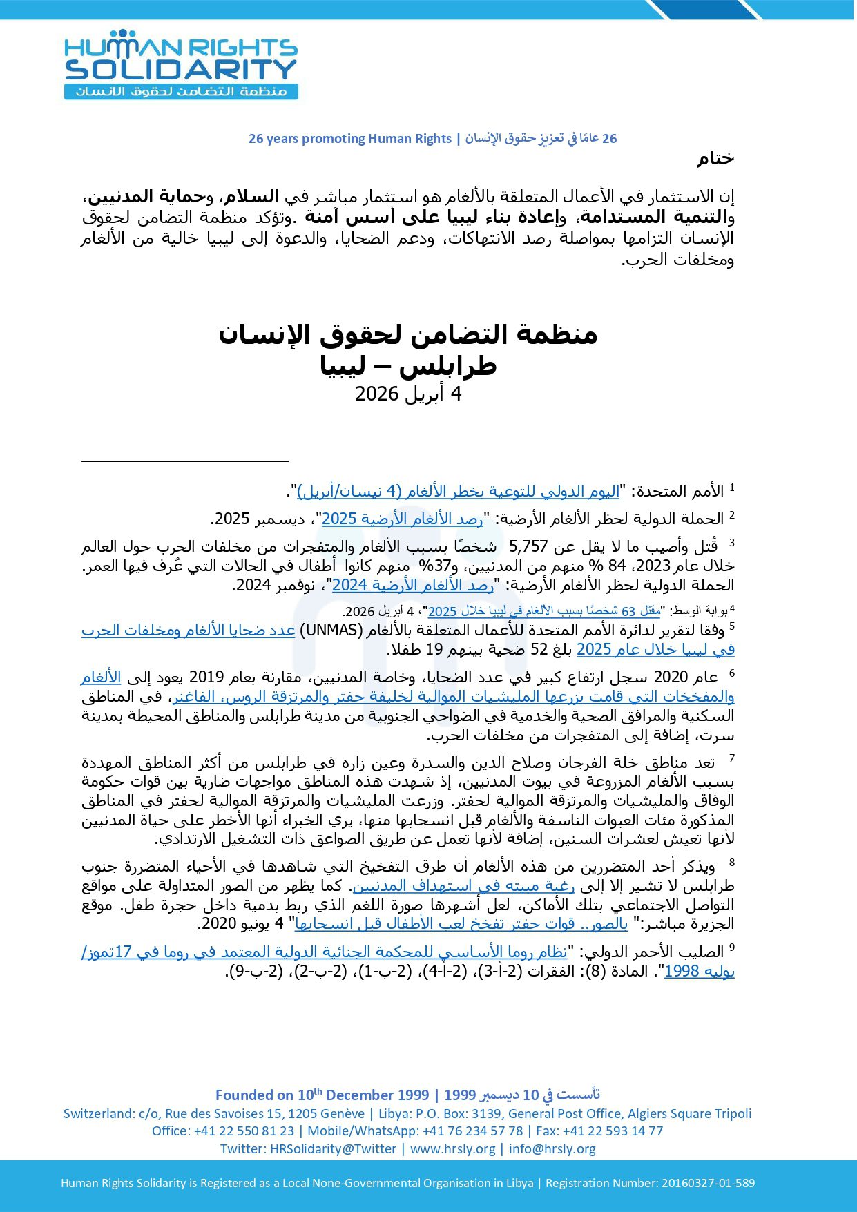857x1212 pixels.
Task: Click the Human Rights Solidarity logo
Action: click(181, 65)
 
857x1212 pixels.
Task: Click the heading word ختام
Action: click(715, 159)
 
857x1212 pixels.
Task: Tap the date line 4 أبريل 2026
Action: click(407, 394)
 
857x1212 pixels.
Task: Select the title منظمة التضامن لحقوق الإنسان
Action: click(407, 335)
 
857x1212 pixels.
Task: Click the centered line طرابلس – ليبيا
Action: click(407, 365)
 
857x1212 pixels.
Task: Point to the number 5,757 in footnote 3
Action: click(528, 547)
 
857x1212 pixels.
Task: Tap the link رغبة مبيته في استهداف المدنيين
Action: click(463, 886)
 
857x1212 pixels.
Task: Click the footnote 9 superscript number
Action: click(731, 948)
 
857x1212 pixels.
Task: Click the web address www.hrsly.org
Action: click(452, 1148)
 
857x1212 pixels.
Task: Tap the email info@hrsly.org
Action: click(552, 1148)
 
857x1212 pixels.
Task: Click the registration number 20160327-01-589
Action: click(708, 1183)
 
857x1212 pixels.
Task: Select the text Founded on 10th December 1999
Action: click(322, 1095)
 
